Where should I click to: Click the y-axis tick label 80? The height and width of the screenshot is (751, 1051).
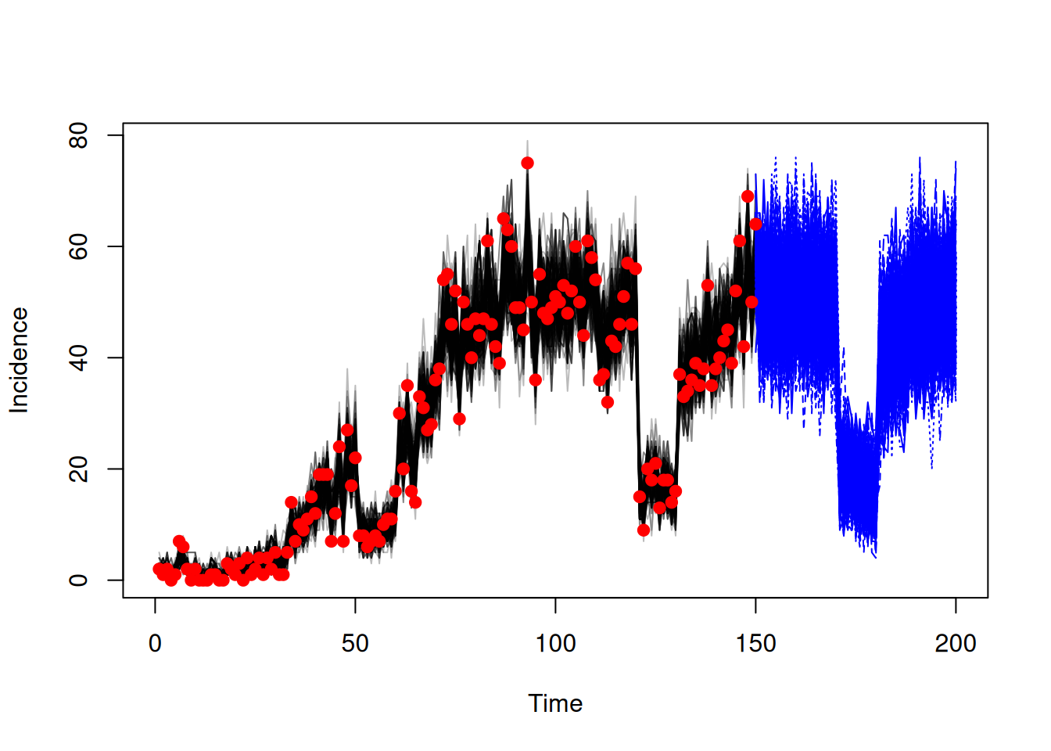[78, 135]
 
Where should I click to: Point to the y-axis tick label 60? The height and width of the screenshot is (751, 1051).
[78, 246]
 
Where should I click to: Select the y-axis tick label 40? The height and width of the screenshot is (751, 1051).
[78, 358]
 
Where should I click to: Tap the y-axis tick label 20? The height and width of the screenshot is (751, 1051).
[78, 469]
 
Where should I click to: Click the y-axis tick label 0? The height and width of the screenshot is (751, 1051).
[78, 580]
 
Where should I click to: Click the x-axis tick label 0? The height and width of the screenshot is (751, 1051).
[155, 644]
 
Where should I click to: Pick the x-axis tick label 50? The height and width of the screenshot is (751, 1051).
[355, 644]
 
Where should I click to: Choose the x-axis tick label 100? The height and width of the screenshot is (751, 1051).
[555, 644]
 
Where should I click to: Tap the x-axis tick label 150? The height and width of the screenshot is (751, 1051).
[756, 644]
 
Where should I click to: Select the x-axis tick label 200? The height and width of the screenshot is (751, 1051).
[956, 644]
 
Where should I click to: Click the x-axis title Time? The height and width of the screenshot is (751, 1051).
[555, 703]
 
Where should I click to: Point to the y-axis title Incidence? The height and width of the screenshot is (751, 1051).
[20, 361]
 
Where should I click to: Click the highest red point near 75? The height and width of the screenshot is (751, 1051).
[527, 163]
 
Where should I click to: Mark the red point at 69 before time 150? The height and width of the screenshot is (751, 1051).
[748, 196]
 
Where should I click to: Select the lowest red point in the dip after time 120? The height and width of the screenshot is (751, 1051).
[644, 530]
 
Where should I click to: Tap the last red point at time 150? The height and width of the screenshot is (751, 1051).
[756, 225]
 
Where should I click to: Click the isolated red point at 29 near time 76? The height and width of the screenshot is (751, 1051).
[459, 419]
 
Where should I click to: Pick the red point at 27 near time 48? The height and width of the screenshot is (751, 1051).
[347, 430]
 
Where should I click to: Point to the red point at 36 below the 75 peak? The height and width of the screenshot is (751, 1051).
[536, 380]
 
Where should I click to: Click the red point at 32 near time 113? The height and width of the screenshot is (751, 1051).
[608, 402]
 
